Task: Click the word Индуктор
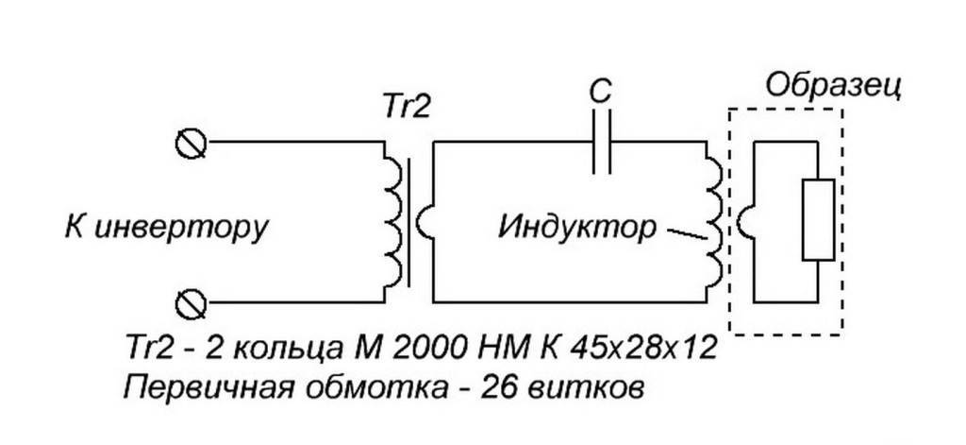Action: click(575, 228)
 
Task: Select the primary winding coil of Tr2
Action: click(391, 221)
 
